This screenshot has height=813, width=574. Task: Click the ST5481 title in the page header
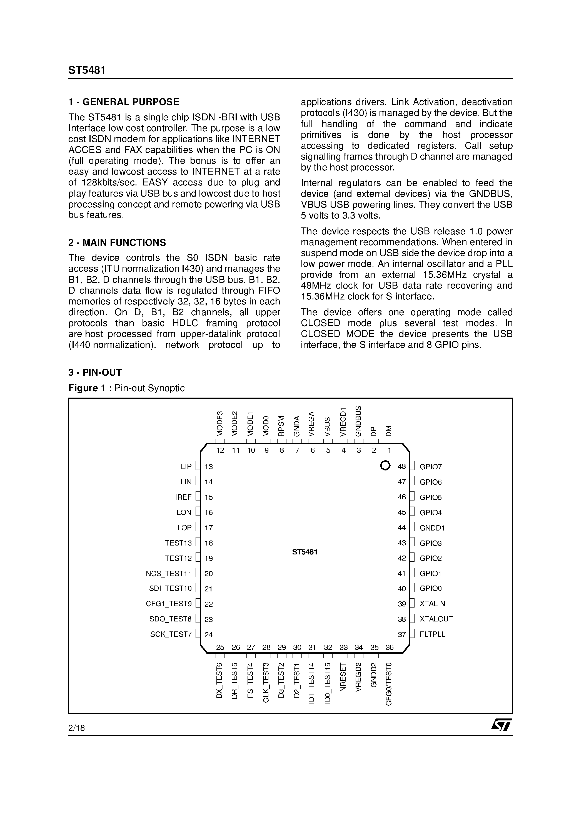(x=87, y=70)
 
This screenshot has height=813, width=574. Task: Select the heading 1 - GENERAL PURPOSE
(x=124, y=102)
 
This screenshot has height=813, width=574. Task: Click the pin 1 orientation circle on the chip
(x=385, y=465)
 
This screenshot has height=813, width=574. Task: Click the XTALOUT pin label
(x=436, y=619)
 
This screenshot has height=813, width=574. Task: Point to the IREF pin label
(x=183, y=497)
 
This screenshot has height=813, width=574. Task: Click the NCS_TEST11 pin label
(x=168, y=573)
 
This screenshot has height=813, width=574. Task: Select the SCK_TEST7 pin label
(x=171, y=634)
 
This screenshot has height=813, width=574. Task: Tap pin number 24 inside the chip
(x=209, y=635)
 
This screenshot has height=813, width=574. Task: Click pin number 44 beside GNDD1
(x=402, y=528)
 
